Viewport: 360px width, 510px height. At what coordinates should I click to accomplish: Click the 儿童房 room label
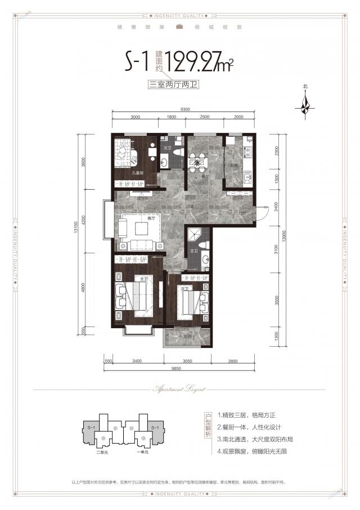point(137,173)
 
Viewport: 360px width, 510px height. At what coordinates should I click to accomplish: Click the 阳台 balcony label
point(186,337)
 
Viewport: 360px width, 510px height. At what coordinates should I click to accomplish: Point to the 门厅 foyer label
point(242,214)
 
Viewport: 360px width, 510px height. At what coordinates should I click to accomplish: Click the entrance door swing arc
point(262,211)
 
